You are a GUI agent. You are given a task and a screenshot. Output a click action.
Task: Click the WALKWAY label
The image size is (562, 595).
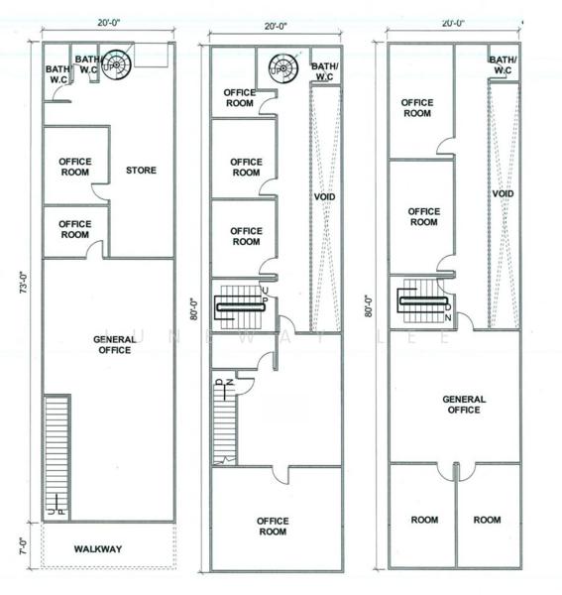click(x=98, y=548)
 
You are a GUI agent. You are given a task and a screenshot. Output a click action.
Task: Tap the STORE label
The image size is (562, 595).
click(x=141, y=170)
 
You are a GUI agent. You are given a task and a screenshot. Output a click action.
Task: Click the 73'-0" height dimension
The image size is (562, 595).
click(x=24, y=283)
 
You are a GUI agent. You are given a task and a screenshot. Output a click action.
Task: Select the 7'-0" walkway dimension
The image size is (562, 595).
click(x=23, y=546)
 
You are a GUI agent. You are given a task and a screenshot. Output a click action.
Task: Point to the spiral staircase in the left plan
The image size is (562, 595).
click(x=117, y=65)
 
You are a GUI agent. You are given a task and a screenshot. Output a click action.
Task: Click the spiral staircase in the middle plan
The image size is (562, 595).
click(x=283, y=68)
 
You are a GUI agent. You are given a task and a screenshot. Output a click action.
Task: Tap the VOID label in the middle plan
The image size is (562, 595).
click(x=324, y=196)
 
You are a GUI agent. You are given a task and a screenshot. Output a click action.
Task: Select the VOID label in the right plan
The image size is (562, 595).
click(x=503, y=193)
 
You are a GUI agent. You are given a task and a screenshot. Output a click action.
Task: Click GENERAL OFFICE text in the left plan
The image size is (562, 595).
click(x=115, y=344)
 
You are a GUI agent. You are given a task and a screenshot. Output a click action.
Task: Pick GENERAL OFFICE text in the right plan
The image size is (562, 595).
click(x=464, y=405)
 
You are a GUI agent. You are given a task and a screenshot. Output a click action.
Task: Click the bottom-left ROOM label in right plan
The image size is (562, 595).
click(x=424, y=520)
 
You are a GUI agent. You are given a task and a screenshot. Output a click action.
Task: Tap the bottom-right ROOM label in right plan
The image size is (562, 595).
click(x=487, y=520)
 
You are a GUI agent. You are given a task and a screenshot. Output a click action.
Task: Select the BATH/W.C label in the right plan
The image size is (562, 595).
click(x=503, y=64)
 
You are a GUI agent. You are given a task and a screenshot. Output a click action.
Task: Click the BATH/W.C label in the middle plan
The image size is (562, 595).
click(x=324, y=71)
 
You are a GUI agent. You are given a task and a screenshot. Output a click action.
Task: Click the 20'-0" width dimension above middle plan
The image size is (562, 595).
click(x=276, y=26)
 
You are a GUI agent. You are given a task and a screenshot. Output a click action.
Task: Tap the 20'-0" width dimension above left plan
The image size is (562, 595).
click(x=108, y=23)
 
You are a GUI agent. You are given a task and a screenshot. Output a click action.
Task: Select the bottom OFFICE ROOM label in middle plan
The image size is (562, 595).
click(x=273, y=526)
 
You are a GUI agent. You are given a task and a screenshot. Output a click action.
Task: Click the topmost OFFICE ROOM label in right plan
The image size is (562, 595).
click(x=417, y=108)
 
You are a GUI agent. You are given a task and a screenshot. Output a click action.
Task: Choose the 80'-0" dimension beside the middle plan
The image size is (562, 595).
click(x=194, y=309)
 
